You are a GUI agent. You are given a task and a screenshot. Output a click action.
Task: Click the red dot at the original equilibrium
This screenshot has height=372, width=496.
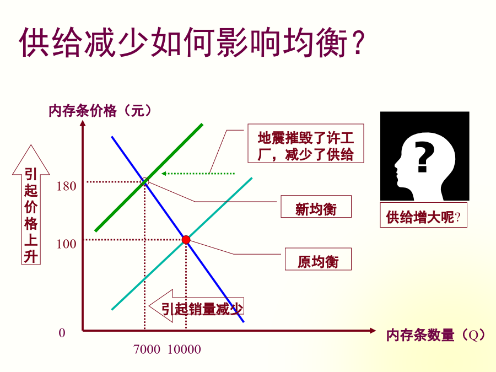(186, 240)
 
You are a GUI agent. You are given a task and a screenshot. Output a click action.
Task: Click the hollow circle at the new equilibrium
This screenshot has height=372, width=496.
(144, 182)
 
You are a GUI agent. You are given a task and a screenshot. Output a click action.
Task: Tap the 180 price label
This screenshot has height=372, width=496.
(67, 186)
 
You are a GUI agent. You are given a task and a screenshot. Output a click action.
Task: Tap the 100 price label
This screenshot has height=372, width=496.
(67, 244)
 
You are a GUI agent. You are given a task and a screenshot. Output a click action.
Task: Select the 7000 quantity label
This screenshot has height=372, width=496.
(147, 349)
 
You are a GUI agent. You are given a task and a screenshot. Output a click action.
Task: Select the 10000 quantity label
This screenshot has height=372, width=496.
(184, 349)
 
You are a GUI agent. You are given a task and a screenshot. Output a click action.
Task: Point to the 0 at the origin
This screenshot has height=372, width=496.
(62, 333)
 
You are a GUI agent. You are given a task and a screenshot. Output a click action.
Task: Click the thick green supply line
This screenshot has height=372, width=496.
(149, 178)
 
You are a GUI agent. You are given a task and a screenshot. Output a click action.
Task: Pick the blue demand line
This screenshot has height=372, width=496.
(177, 229)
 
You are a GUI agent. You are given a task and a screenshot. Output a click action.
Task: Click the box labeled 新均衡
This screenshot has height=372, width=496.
(316, 207)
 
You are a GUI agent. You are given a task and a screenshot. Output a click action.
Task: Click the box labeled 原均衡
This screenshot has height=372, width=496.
(318, 259)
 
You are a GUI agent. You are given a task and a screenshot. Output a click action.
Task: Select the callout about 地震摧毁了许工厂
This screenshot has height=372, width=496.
(305, 143)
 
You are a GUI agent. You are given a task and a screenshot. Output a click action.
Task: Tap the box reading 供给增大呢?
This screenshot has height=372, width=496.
(424, 215)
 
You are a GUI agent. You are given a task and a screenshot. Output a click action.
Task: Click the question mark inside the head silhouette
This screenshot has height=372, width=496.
(424, 157)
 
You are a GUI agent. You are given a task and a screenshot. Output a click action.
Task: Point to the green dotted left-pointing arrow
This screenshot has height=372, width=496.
(198, 174)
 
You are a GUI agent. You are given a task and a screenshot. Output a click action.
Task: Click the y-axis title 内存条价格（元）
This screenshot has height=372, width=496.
(100, 111)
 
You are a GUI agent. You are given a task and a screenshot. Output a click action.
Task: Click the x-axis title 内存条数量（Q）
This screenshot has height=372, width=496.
(435, 335)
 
